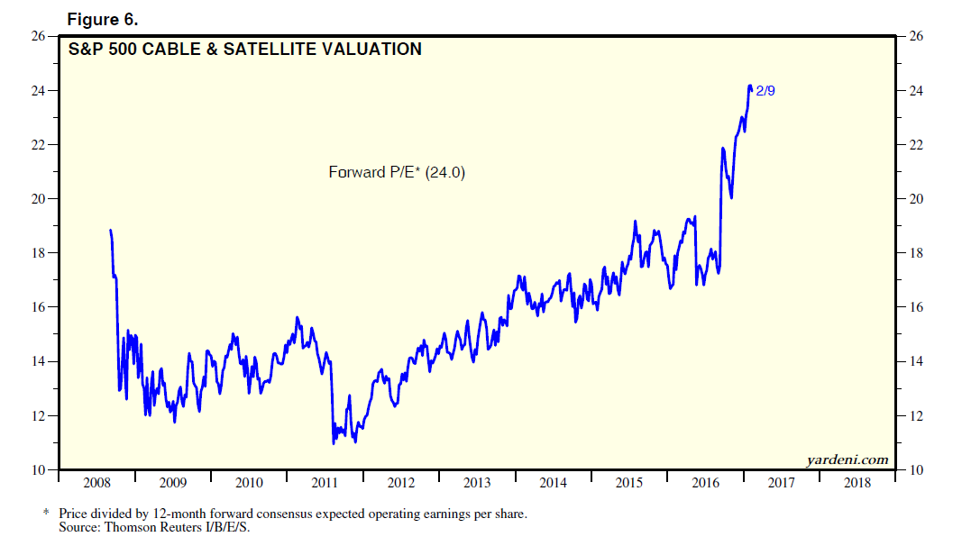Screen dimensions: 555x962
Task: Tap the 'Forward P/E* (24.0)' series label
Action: tap(397, 172)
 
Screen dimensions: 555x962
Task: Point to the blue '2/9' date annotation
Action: tap(765, 90)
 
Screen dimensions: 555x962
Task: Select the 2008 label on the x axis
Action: tap(97, 484)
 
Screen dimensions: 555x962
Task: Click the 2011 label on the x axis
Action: tap(325, 484)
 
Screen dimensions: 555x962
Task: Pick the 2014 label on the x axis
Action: tap(554, 484)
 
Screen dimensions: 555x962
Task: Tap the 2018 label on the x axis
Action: tap(857, 484)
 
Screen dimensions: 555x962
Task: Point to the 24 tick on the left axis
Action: tap(39, 91)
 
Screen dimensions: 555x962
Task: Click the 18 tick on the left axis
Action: tap(39, 253)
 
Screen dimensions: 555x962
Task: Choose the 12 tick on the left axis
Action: tap(39, 416)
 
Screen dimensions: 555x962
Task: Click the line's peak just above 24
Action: tap(749, 86)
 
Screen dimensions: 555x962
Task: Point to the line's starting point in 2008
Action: tap(111, 231)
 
